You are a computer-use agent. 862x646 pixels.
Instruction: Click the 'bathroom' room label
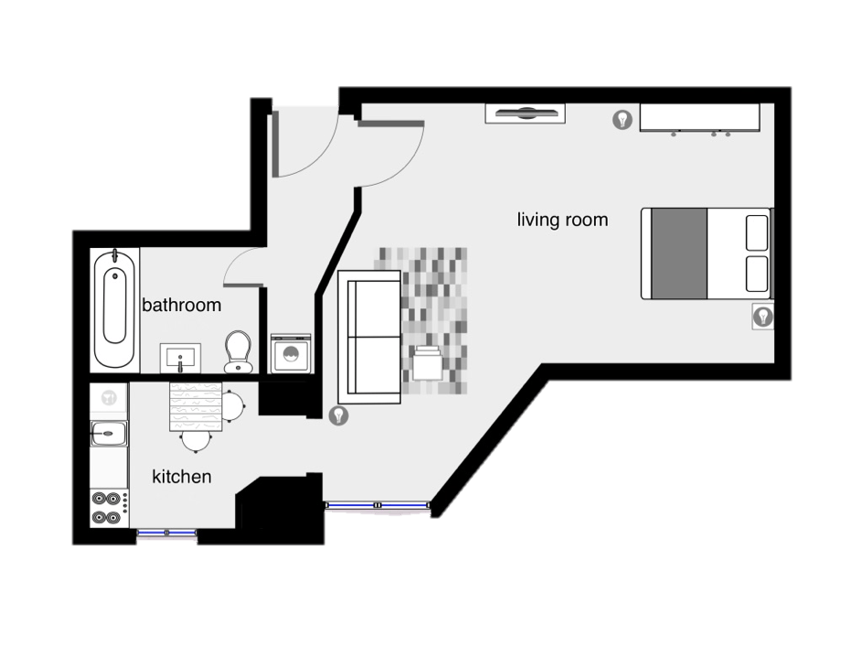click(x=181, y=305)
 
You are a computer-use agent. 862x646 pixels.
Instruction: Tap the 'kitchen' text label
click(x=181, y=477)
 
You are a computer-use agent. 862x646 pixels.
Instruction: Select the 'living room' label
click(x=562, y=221)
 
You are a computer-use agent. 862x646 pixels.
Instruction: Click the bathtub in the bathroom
click(x=114, y=308)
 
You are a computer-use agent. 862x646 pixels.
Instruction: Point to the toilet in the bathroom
click(x=238, y=351)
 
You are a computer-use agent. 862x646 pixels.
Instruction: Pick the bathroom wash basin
click(x=180, y=358)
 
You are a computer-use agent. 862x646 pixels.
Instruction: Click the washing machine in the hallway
click(x=291, y=353)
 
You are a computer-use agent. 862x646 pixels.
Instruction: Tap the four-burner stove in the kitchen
click(x=109, y=508)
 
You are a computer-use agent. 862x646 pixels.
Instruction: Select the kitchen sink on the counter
click(x=108, y=434)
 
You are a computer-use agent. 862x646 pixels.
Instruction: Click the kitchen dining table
click(x=196, y=407)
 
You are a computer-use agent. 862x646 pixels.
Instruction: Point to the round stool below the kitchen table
click(x=197, y=441)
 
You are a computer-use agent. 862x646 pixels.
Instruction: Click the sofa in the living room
click(x=369, y=337)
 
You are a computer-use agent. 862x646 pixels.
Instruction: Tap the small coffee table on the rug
click(x=428, y=362)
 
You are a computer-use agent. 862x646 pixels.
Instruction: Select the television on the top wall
click(x=525, y=113)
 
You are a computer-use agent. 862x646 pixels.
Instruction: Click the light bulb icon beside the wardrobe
click(x=623, y=119)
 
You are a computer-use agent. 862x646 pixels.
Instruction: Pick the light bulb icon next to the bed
click(x=762, y=317)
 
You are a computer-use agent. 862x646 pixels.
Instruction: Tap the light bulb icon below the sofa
click(x=338, y=415)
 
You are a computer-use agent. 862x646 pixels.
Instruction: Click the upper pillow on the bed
click(x=757, y=232)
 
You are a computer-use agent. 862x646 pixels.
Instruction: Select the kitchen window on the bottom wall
click(x=166, y=533)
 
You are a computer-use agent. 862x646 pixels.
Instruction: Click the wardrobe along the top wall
click(x=700, y=118)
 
